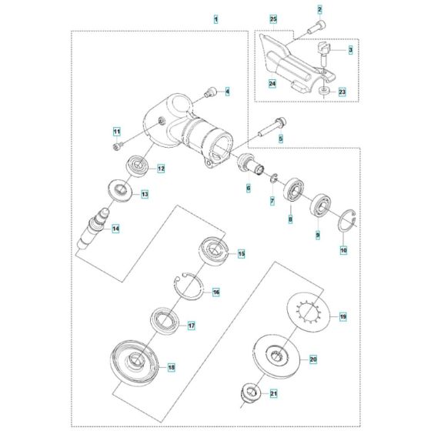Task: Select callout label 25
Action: [272, 17]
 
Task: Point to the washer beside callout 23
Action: [325, 92]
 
